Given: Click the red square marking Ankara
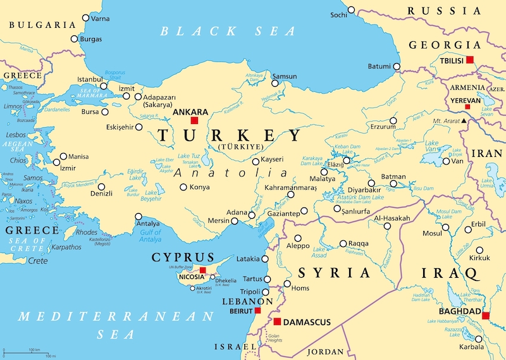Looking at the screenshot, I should pos(195,120).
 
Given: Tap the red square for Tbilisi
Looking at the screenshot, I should pos(469,60).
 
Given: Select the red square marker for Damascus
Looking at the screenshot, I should pos(277,322).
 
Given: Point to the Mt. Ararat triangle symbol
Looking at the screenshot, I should pos(464,120).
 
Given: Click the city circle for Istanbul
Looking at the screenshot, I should pos(104,86).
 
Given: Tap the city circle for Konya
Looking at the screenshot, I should pos(183,187).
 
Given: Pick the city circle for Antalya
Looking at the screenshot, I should pos(139,216).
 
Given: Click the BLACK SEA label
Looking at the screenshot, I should pos(228,31).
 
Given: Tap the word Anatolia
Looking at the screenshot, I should pos(231,173).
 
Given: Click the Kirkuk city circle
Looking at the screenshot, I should pos(479,250).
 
